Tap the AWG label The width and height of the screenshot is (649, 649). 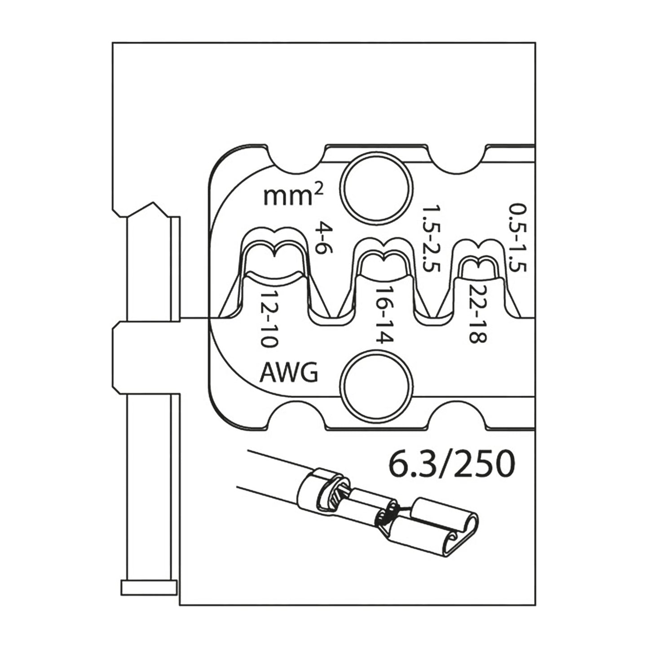289,372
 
